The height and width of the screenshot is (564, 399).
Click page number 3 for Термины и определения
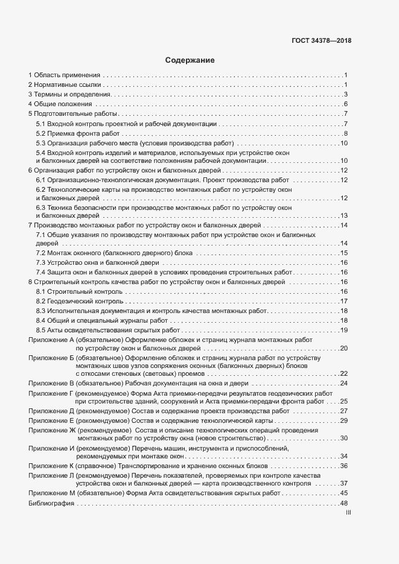[x=346, y=95]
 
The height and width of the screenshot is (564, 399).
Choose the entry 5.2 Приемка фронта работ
[x=78, y=133]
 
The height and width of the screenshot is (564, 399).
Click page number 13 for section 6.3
[x=344, y=215]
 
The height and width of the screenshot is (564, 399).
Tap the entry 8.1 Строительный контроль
[x=79, y=291]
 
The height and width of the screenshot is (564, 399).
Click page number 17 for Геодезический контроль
[x=344, y=301]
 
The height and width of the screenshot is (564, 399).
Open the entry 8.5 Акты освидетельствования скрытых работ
[x=108, y=330]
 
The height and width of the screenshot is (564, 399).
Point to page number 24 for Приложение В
[x=344, y=383]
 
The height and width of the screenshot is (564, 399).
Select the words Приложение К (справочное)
[x=75, y=466]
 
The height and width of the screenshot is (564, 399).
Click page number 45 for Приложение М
[x=344, y=493]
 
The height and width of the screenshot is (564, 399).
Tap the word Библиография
[x=51, y=502]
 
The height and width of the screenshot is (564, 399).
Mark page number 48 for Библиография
[x=344, y=502]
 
